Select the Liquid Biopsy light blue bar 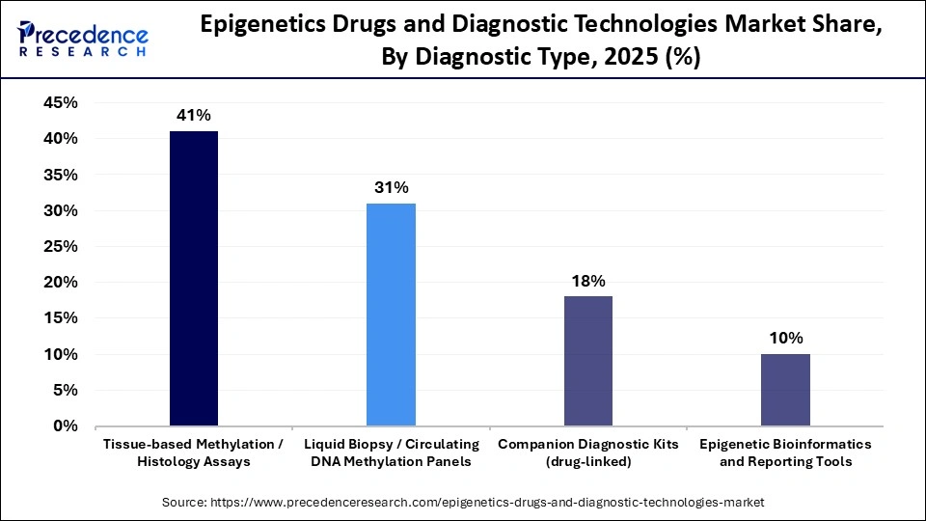tap(391, 314)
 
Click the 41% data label tap(193, 116)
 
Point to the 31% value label tap(391, 187)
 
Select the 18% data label tap(588, 281)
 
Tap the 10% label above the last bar tap(785, 338)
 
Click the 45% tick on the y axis tap(61, 103)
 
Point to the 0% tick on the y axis tap(66, 425)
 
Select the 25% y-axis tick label tap(61, 247)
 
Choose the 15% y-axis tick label tap(61, 318)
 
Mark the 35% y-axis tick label tap(61, 175)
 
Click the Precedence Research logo tap(83, 39)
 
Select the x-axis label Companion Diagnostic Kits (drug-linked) tap(588, 452)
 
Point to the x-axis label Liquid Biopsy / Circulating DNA tap(391, 452)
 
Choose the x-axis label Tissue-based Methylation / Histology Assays tap(193, 452)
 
